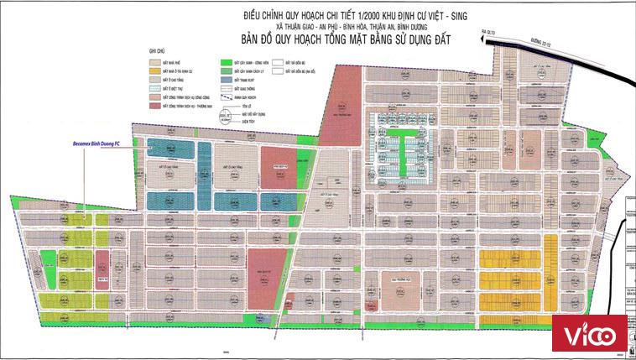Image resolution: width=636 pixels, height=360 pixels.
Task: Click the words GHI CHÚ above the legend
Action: (x=156, y=52)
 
